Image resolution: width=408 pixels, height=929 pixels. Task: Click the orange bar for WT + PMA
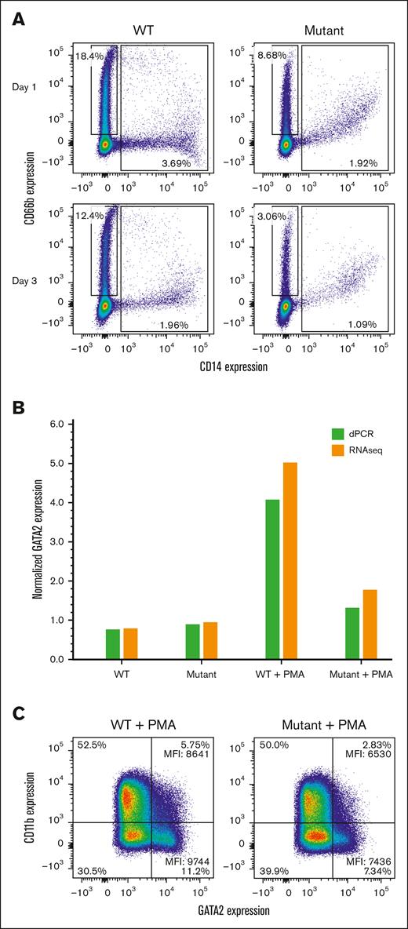click(x=292, y=561)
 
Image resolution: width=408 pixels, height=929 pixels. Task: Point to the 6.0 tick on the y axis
click(x=60, y=424)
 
